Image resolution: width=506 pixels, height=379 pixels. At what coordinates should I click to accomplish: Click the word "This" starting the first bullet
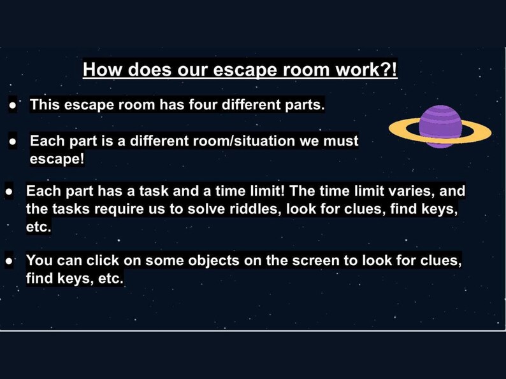(x=47, y=104)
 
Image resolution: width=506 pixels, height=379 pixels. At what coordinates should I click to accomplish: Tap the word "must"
(x=340, y=141)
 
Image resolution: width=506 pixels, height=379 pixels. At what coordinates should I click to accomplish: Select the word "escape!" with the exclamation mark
(x=57, y=158)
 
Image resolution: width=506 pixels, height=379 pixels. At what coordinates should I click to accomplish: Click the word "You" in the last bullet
(x=40, y=260)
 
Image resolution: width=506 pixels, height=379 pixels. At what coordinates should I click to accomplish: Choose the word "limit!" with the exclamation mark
(x=266, y=191)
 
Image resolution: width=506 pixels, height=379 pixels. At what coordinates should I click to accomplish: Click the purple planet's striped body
(x=440, y=126)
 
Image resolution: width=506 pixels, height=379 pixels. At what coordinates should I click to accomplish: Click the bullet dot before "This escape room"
(x=13, y=106)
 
